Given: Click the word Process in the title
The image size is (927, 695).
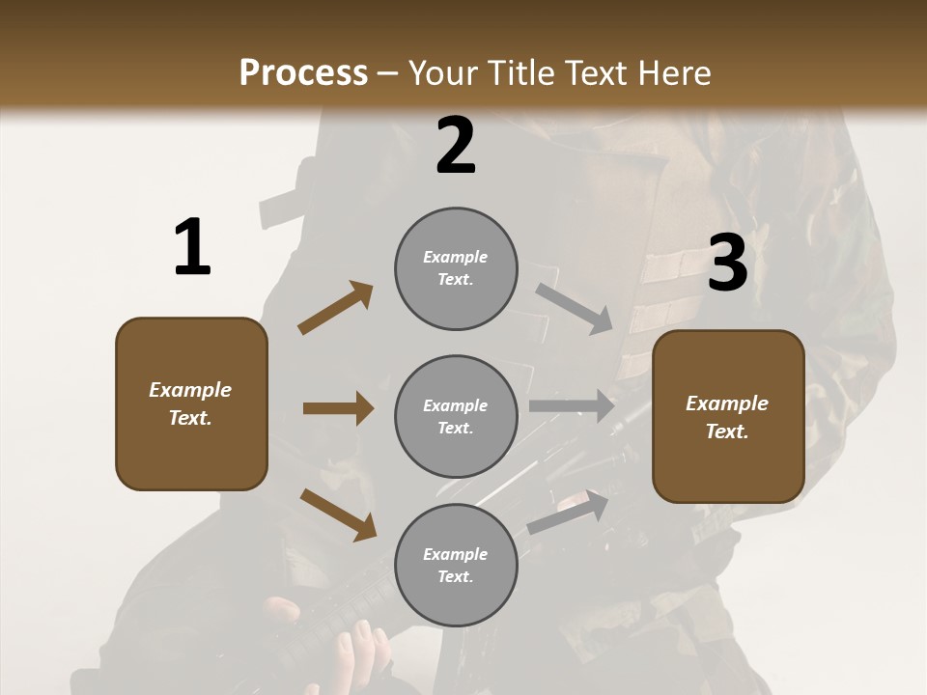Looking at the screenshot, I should [x=303, y=72].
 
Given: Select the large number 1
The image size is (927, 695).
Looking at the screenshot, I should [x=192, y=247].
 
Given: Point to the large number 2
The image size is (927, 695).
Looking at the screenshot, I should [x=456, y=146].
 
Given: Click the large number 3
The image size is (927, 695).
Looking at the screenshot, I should [x=727, y=264].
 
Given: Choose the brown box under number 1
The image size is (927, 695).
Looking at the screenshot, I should [x=191, y=403].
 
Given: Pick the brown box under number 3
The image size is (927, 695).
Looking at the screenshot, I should [x=728, y=416].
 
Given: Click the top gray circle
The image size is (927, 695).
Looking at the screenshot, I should [x=456, y=268].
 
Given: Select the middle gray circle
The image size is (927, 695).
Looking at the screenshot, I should [x=456, y=416].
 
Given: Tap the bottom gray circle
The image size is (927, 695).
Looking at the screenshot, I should [x=456, y=565].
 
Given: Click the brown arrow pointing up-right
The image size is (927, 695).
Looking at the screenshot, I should [x=335, y=308].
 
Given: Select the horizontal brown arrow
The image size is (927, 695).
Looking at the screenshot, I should [x=338, y=408].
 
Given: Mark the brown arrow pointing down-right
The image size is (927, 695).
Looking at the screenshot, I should [x=338, y=514].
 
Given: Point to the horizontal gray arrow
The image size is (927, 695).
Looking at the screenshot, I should [x=572, y=406].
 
